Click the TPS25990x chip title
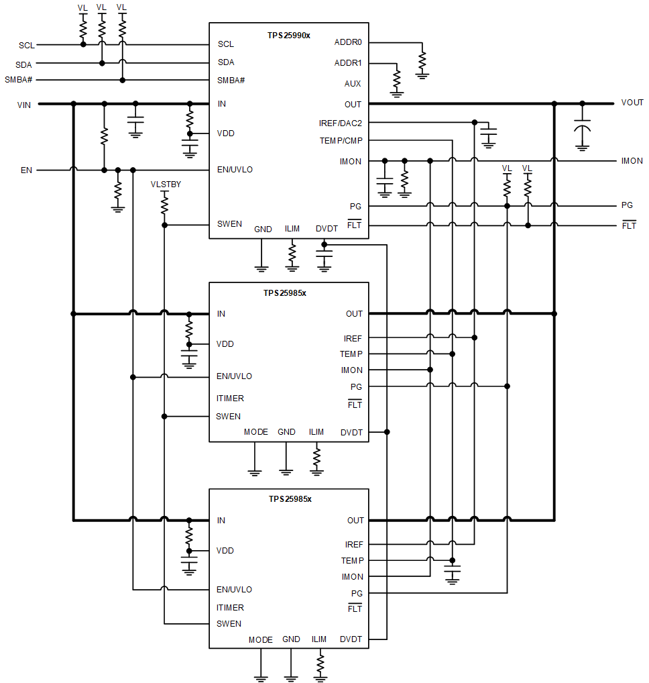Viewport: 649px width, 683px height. click(x=288, y=35)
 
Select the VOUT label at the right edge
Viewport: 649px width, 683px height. click(x=632, y=103)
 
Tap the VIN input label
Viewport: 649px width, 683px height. click(x=23, y=105)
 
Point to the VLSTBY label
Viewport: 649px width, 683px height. click(x=165, y=184)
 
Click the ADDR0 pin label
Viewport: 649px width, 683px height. click(x=348, y=42)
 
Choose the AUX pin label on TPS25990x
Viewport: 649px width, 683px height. click(x=353, y=84)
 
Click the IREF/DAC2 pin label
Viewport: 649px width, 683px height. click(x=340, y=123)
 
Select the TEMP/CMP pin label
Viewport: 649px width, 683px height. click(x=341, y=141)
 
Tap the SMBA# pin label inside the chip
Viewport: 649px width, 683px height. click(x=231, y=81)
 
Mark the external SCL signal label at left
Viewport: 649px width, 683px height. click(x=27, y=46)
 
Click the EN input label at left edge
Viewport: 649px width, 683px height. click(x=26, y=170)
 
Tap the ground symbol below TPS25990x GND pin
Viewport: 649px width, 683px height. click(x=261, y=268)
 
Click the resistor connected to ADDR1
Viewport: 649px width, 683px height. click(x=397, y=78)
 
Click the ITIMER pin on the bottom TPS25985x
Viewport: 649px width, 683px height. click(x=230, y=608)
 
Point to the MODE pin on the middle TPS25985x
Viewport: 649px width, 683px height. click(x=255, y=432)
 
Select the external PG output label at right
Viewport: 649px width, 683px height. click(x=627, y=205)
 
